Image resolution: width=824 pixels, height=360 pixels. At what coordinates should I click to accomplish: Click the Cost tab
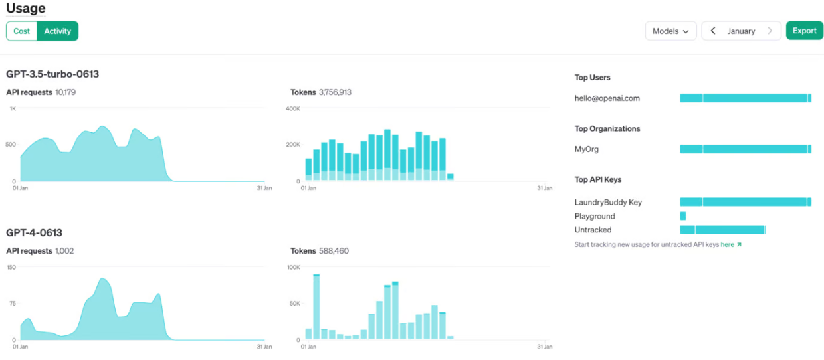tap(22, 31)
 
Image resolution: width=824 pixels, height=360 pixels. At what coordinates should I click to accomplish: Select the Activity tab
tap(57, 31)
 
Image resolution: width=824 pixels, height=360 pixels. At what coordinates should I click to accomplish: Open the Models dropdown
tap(670, 31)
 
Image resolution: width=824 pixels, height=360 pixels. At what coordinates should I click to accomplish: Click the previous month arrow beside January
tap(713, 31)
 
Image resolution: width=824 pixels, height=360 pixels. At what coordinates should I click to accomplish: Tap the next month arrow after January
tap(770, 31)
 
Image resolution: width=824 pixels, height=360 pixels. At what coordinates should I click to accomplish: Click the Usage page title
tap(26, 8)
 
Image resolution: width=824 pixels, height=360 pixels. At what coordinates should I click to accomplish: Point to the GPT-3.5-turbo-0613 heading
tap(52, 74)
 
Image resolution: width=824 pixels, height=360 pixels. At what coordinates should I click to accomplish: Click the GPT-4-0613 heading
tap(34, 232)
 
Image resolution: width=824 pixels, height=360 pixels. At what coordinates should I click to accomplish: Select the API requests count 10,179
tap(66, 92)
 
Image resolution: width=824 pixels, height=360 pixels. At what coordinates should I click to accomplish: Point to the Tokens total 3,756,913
tap(335, 92)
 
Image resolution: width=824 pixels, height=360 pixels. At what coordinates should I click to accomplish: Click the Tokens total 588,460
tap(334, 251)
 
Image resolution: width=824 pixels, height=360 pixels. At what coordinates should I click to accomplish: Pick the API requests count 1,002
tap(64, 251)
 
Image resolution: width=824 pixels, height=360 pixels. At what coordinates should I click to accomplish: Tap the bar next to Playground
tap(682, 216)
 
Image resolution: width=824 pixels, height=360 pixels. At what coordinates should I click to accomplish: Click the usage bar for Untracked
tap(723, 230)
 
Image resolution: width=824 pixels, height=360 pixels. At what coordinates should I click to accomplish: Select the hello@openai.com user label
tap(607, 98)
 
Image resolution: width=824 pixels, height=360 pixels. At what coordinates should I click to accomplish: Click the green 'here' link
tap(727, 244)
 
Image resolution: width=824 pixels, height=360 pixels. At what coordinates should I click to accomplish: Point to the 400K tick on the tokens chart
tap(293, 108)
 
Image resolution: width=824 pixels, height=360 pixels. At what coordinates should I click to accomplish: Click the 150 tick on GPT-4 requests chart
tap(11, 267)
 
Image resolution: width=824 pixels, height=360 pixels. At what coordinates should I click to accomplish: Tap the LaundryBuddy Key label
tap(608, 202)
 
